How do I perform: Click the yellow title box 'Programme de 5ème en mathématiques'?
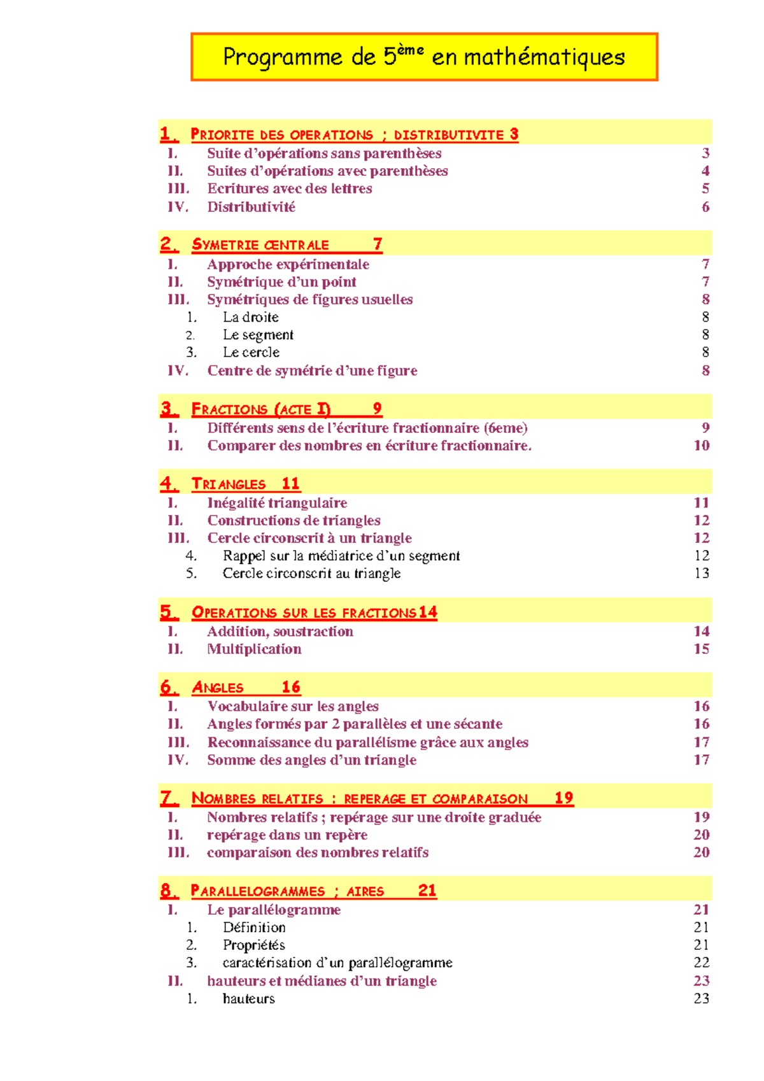[424, 57]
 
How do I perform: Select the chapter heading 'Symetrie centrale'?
[260, 245]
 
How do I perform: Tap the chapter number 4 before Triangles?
[167, 484]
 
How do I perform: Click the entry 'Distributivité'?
[251, 207]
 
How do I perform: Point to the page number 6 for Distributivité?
[705, 207]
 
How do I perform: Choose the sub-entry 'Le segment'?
[258, 335]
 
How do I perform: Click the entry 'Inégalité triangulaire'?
[277, 503]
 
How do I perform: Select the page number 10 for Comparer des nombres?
[701, 446]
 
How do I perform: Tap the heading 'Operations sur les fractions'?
[304, 613]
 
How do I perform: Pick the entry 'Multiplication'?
[254, 649]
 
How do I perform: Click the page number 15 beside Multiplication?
[701, 649]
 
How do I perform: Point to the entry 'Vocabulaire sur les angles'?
[293, 707]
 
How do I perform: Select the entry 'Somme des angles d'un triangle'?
[311, 760]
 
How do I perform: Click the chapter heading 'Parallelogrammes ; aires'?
[287, 891]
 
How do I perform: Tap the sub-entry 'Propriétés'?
[253, 945]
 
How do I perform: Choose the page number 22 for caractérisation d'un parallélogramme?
[701, 963]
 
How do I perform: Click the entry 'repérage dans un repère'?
[287, 835]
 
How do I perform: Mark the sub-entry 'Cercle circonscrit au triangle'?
[311, 574]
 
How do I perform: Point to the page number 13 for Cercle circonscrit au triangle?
[701, 574]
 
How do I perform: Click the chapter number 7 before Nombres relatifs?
[167, 798]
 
